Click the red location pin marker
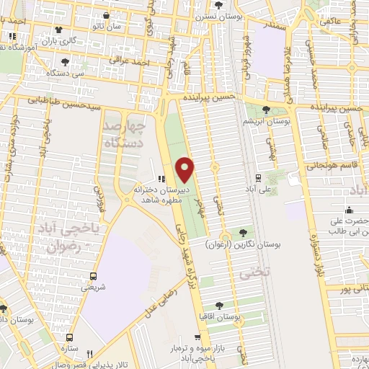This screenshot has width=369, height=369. tap(186, 169)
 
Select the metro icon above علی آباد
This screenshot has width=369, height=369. tap(258, 177)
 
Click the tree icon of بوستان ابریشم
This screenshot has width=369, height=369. tap(267, 110)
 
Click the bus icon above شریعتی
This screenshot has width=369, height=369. tap(93, 275)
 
